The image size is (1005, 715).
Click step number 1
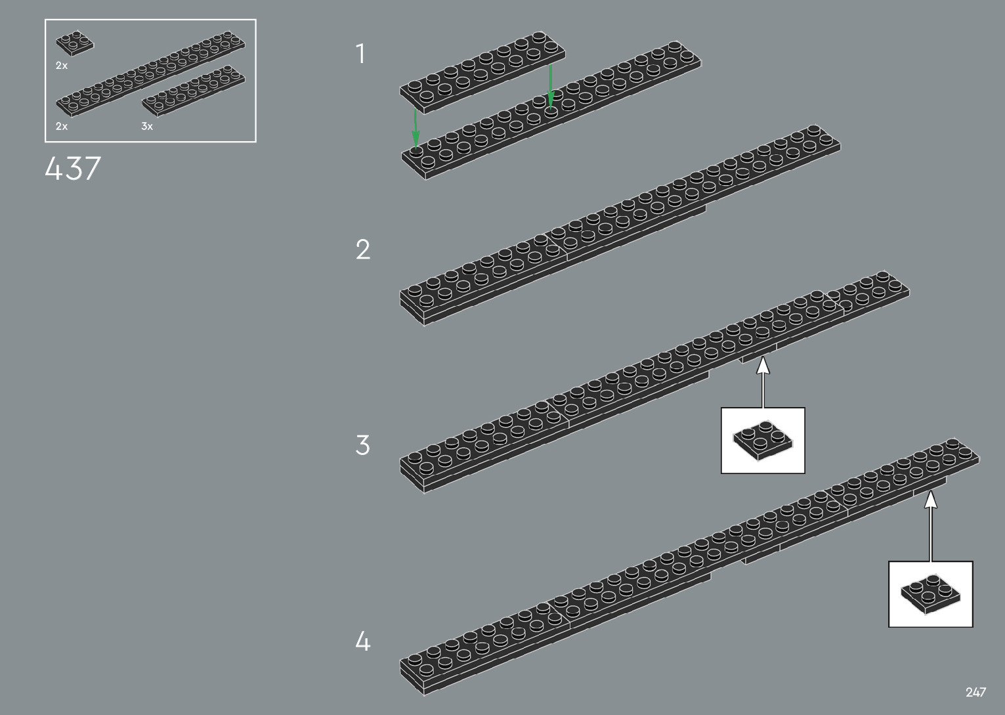360,54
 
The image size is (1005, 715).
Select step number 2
363,249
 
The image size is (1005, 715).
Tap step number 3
363,445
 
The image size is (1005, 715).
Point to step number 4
363,641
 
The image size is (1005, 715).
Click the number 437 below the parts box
73,169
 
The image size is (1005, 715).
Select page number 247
975,692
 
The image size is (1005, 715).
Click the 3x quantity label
147,126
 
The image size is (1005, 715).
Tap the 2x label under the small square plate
62,66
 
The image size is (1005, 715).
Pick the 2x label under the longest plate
62,126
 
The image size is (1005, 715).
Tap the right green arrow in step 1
551,85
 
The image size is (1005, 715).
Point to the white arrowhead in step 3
763,365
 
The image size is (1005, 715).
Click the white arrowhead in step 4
931,500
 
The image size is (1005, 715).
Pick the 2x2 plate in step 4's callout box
930,593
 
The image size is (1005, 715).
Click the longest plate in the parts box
150,73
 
